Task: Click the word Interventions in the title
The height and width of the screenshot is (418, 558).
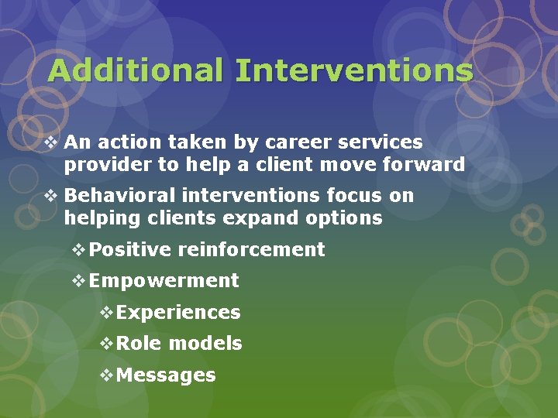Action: pos(354,70)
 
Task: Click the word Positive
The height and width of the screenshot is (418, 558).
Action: pos(130,249)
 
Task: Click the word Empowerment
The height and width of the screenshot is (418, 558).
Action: pos(164,280)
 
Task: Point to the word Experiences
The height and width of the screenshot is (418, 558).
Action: pos(178,313)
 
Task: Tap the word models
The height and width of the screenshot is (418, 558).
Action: pos(205,344)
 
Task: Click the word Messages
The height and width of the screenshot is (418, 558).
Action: pos(166,375)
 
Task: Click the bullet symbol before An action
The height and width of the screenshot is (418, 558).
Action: pos(52,142)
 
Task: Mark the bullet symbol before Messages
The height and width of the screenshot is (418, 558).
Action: pos(107,375)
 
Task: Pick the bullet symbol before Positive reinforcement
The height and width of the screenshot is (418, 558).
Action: pos(78,249)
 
